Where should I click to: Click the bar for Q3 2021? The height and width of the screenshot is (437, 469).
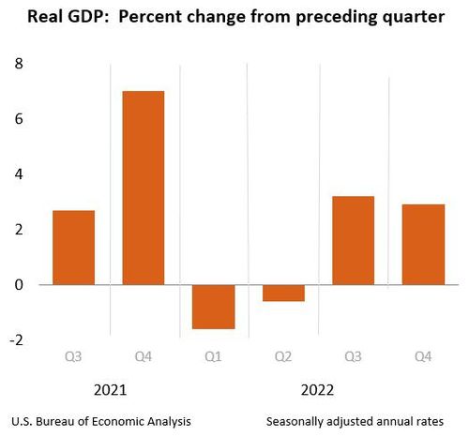73,248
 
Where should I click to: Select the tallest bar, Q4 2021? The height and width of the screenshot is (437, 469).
144,188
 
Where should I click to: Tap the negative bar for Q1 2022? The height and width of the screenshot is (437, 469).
213,307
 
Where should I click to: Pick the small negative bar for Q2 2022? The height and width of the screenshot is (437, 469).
282,293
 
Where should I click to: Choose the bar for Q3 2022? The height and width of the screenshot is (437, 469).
353,240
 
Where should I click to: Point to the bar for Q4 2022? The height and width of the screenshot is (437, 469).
422,244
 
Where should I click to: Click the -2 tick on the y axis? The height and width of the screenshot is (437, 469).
15,339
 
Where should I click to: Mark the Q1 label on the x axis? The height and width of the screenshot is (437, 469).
213,356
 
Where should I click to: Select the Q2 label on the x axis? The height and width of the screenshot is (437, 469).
282,356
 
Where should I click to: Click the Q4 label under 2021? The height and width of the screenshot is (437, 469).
144,356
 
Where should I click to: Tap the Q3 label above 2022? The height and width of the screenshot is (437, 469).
353,356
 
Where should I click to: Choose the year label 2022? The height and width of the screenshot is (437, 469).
318,388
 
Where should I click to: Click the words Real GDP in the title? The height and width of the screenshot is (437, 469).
58,18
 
